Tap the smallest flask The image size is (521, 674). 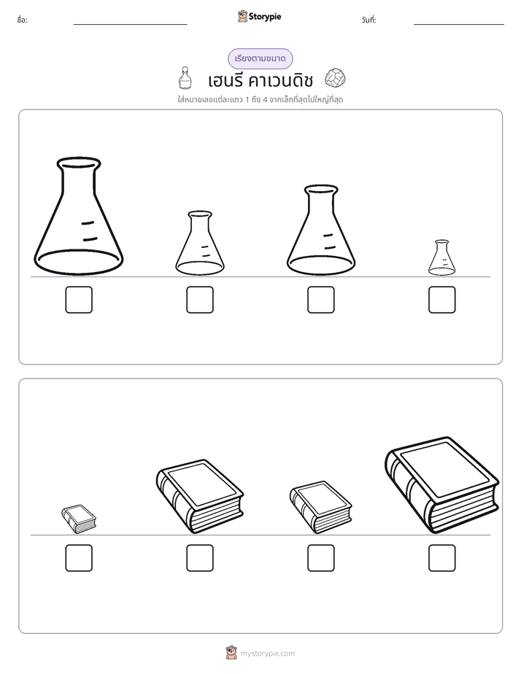442,258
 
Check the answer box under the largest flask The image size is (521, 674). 79,300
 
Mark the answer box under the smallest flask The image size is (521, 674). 442,300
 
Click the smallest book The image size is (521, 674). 79,519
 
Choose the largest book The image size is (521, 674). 442,485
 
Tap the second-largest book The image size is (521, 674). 200,497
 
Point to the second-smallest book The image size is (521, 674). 321,508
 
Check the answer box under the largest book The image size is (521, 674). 442,558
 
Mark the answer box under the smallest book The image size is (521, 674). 79,558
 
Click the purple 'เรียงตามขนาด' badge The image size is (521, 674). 260,58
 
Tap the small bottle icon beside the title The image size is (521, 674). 185,77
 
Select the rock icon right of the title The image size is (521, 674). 335,78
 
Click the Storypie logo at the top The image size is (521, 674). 259,16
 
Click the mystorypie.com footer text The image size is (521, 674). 267,654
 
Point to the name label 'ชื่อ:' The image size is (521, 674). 22,20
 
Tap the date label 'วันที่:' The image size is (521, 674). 368,20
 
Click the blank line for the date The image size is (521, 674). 459,25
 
